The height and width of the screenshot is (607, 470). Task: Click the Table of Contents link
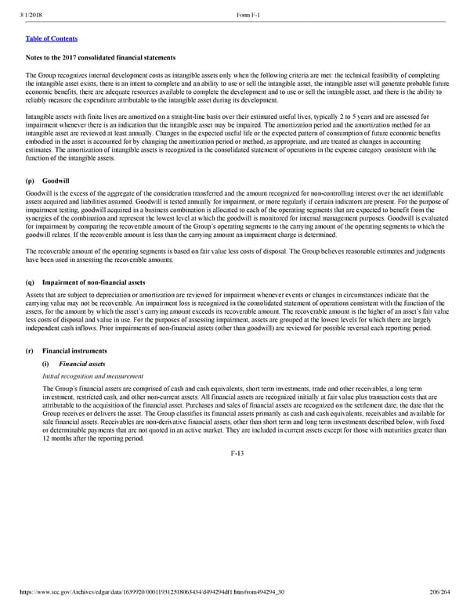pos(52,38)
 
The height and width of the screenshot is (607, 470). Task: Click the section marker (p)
pos(31,179)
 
